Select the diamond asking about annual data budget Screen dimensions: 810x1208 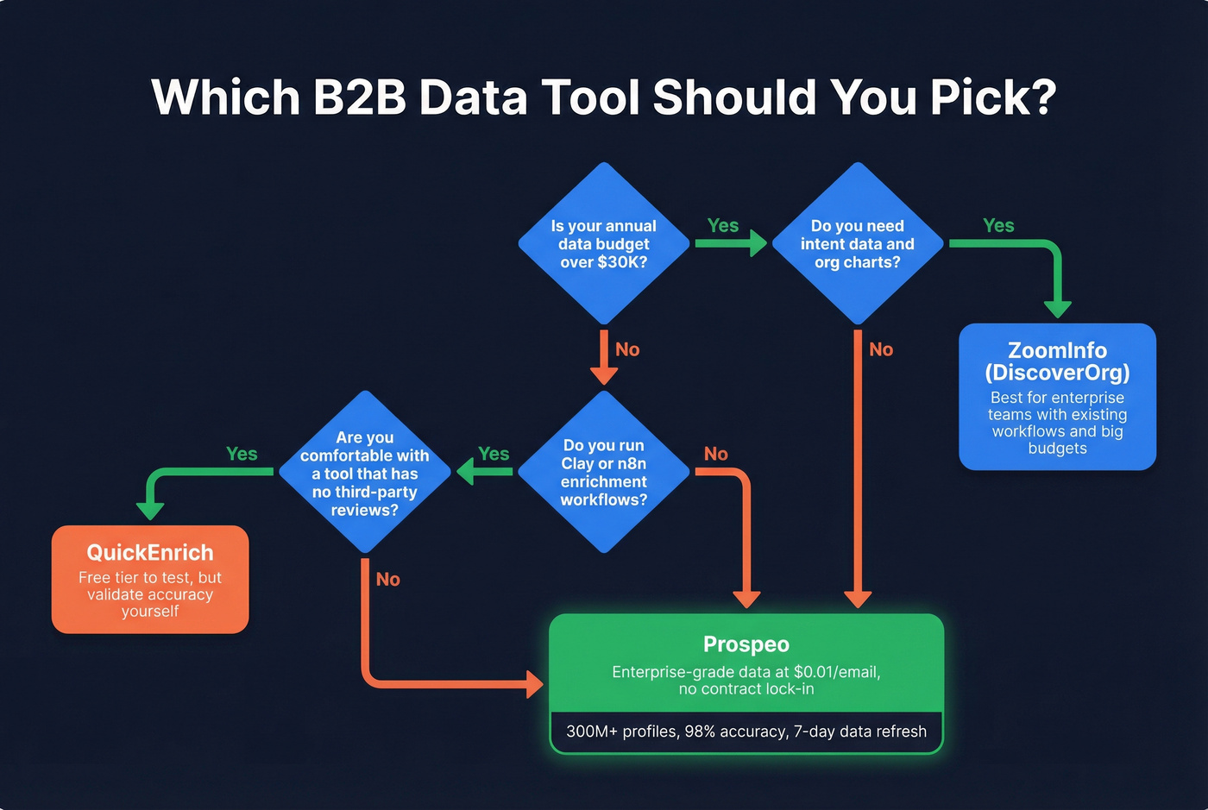click(x=603, y=244)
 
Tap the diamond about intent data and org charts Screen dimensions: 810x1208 click(x=857, y=244)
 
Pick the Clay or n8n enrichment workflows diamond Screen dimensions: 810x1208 click(x=603, y=472)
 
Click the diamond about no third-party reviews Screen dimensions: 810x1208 click(x=364, y=473)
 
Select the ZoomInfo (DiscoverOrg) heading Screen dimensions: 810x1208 click(x=1057, y=361)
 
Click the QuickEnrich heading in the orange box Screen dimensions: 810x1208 click(x=150, y=553)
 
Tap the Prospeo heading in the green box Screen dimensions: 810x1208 click(x=746, y=644)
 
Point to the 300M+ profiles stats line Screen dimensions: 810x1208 click(x=746, y=732)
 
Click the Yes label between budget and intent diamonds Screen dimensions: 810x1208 click(x=723, y=226)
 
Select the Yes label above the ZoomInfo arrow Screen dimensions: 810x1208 click(x=998, y=226)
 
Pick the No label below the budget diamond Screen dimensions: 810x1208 click(x=627, y=350)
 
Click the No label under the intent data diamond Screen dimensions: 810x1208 click(x=881, y=350)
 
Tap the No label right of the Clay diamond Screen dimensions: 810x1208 click(x=715, y=455)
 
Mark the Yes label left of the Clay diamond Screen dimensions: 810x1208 click(x=494, y=455)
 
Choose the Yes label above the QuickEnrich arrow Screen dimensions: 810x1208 click(x=242, y=455)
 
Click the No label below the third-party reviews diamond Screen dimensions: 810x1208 click(x=387, y=580)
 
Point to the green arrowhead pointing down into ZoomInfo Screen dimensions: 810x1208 click(x=1057, y=309)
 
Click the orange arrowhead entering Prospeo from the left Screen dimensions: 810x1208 click(x=535, y=686)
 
